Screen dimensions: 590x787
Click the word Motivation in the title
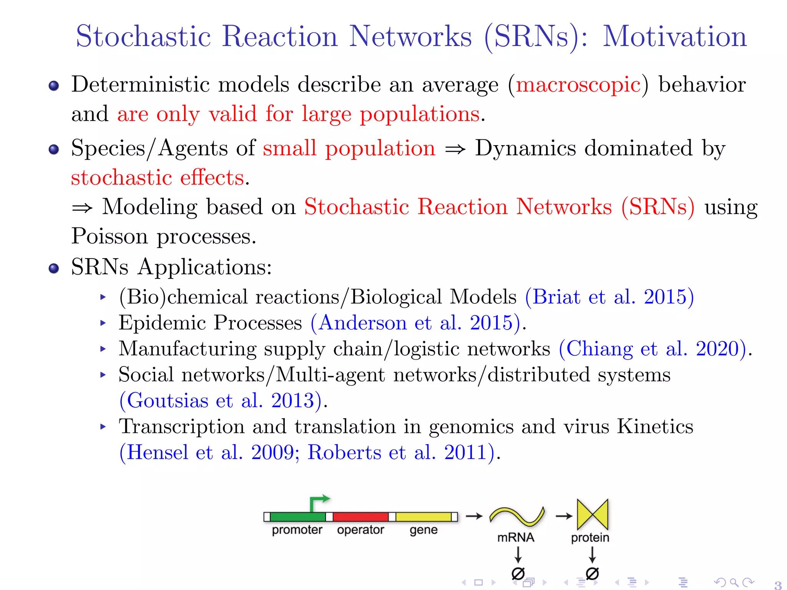(x=674, y=36)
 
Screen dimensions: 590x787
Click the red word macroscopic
(x=578, y=85)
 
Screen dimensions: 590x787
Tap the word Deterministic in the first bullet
(x=140, y=85)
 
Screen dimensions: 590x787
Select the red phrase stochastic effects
(x=158, y=178)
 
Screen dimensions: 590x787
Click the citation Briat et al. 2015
(x=609, y=297)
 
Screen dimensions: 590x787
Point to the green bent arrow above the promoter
(x=319, y=502)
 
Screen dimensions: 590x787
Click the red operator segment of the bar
(x=360, y=517)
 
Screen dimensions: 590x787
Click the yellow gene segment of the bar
(x=423, y=517)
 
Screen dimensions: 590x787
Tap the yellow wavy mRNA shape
(x=517, y=516)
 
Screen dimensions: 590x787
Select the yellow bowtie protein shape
(x=592, y=514)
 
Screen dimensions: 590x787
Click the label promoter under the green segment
(x=297, y=530)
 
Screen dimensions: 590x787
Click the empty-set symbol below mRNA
(x=518, y=573)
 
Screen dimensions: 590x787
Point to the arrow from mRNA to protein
(x=564, y=516)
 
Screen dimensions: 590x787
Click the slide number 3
(x=777, y=585)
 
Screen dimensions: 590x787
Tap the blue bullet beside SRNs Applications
(x=54, y=268)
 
